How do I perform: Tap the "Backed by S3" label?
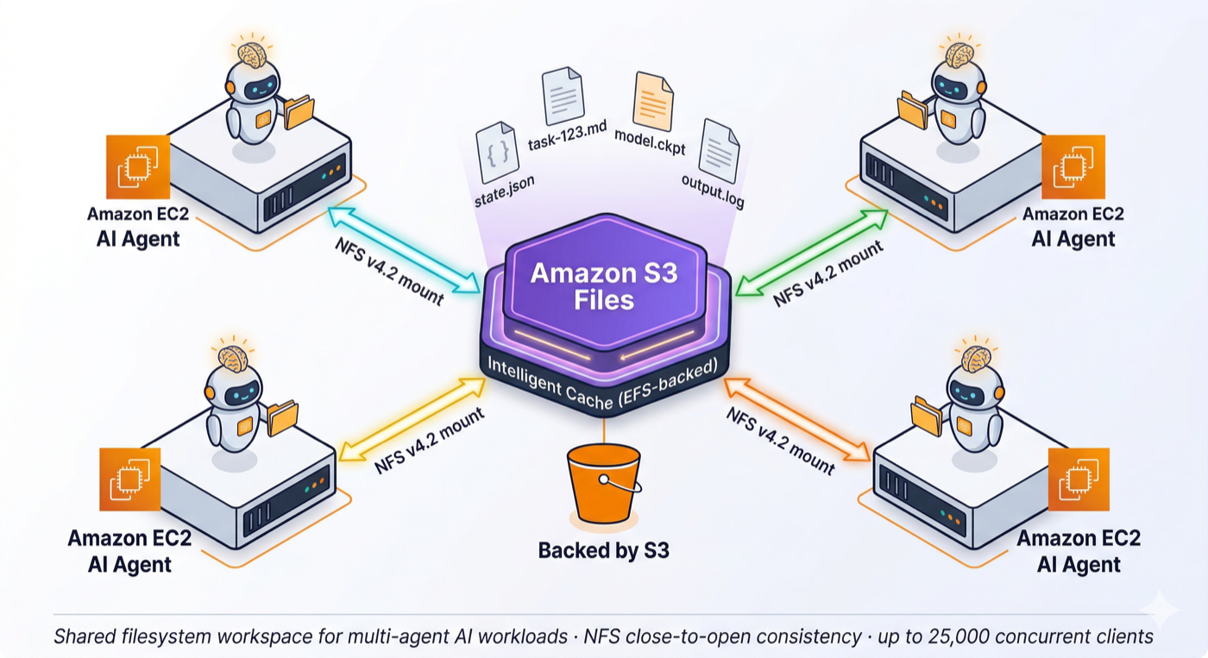[604, 550]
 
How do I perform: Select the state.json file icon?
[495, 153]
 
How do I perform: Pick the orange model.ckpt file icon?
[653, 101]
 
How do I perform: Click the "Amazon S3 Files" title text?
[604, 286]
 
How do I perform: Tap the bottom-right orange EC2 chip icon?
[1079, 479]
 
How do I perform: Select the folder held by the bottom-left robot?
[282, 418]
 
